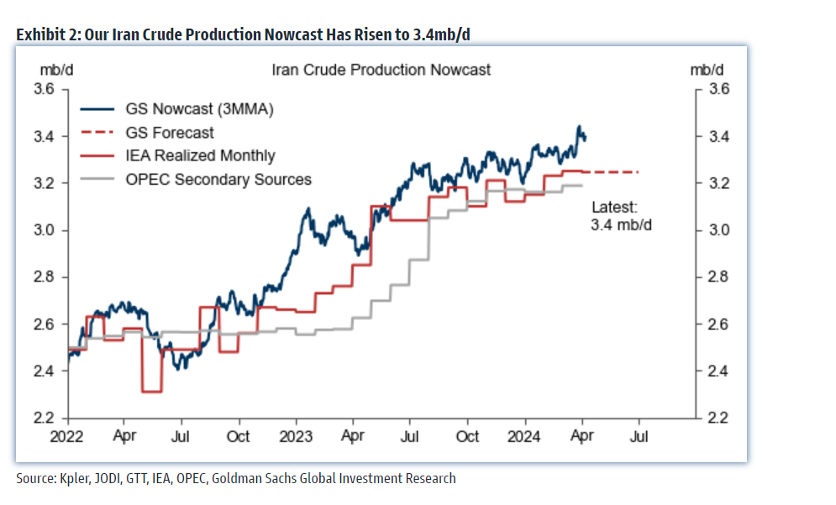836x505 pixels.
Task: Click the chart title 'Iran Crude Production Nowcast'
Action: [x=381, y=70]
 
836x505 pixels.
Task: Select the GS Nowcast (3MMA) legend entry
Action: [x=199, y=109]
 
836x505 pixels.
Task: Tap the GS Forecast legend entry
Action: [x=169, y=133]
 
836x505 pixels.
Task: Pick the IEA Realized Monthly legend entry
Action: [x=200, y=155]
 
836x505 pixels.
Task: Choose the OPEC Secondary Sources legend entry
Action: [x=218, y=179]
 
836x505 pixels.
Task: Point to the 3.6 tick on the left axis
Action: [x=44, y=89]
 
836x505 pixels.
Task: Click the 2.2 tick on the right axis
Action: [x=721, y=418]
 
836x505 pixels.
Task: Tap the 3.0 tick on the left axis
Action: [x=44, y=230]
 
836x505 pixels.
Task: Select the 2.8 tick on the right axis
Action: [x=721, y=277]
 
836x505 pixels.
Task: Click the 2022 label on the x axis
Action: [x=67, y=436]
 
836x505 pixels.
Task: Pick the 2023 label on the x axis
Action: [x=296, y=436]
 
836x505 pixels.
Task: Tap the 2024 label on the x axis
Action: [x=525, y=436]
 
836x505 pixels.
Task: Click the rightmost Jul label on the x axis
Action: [x=639, y=436]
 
